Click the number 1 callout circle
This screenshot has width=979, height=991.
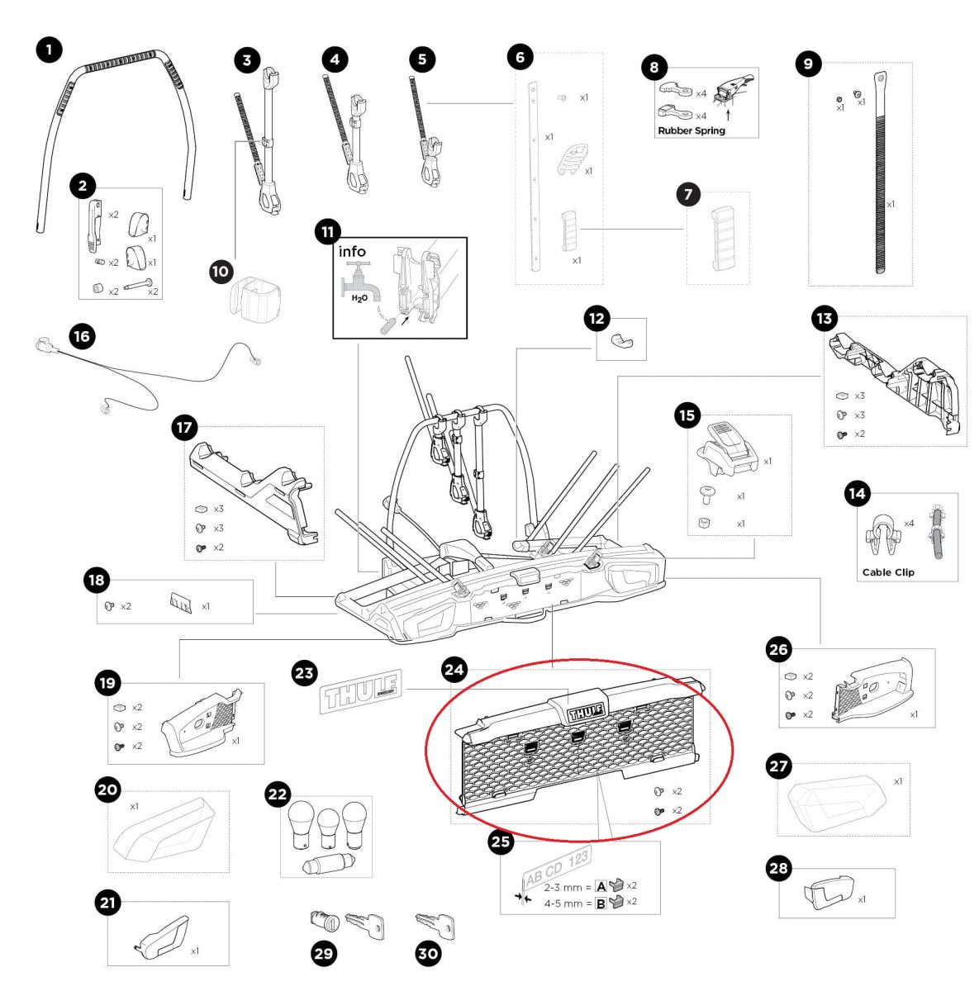click(49, 50)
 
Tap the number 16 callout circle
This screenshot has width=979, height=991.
click(81, 336)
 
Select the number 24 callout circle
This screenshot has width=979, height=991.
click(454, 670)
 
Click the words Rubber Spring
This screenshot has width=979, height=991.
click(691, 130)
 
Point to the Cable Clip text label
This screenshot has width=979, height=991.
click(888, 572)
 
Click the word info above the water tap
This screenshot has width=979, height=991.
click(352, 252)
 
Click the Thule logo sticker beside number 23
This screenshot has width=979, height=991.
click(360, 690)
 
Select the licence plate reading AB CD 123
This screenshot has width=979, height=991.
click(556, 868)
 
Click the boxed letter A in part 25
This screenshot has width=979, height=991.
click(601, 886)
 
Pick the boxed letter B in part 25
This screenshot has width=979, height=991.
click(601, 903)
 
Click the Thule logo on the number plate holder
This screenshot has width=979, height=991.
click(585, 710)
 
